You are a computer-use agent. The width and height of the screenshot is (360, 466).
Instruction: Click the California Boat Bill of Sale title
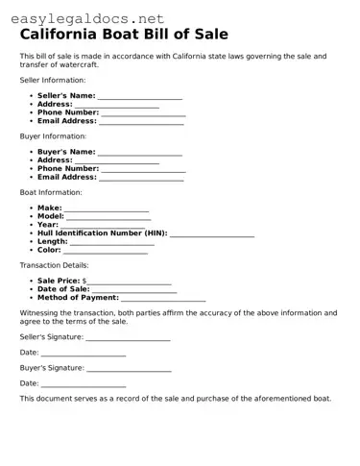[x=124, y=35]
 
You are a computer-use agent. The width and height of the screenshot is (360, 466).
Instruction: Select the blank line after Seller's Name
[x=140, y=97]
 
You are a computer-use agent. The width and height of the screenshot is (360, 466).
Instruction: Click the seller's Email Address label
[x=67, y=122]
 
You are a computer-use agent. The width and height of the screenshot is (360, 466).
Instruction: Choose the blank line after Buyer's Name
[x=140, y=153]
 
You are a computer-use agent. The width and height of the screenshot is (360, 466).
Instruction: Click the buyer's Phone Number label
[x=68, y=169]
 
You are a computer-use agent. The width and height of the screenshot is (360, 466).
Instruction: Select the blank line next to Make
[x=107, y=208]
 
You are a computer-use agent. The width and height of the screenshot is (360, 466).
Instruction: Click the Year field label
[x=48, y=225]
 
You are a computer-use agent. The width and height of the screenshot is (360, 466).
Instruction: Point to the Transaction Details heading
[x=54, y=265]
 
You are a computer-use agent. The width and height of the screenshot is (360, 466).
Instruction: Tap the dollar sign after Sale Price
[x=84, y=281]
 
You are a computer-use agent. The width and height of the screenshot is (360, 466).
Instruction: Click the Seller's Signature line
[x=129, y=338]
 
